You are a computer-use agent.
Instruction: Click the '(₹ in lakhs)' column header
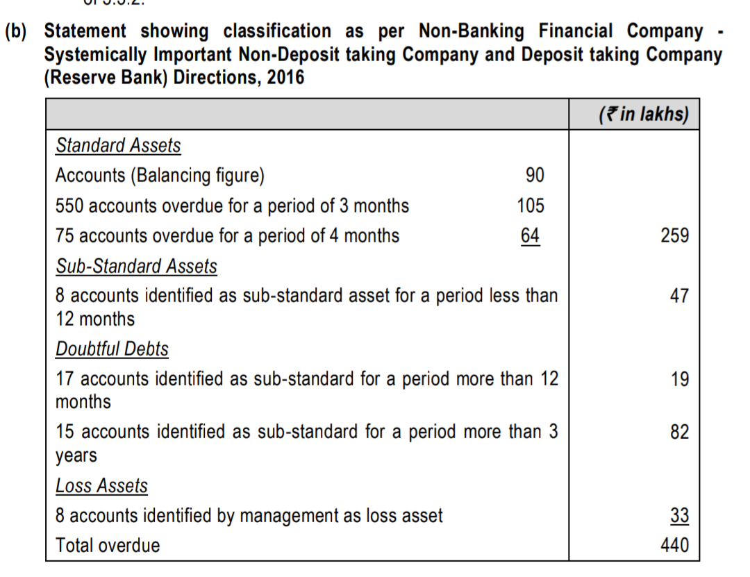point(643,114)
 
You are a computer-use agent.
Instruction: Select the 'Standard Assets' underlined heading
point(118,146)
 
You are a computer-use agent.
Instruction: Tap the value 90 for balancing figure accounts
point(535,176)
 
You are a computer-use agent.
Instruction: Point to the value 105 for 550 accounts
point(531,206)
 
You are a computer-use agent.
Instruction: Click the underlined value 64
point(530,236)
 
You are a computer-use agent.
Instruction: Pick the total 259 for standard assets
point(675,236)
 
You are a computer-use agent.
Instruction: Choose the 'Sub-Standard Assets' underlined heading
point(136,267)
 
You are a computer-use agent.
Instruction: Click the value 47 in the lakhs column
point(679,296)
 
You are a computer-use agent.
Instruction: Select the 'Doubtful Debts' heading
point(112,349)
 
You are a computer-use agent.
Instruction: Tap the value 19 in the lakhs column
point(680,379)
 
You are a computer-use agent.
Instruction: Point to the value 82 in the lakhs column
point(679,432)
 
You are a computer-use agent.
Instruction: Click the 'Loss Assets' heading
point(101,486)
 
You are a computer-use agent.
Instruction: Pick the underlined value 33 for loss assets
point(679,516)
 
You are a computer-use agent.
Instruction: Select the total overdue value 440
point(675,546)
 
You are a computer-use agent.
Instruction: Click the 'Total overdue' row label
point(108,546)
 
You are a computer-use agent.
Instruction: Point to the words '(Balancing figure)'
point(197,176)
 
